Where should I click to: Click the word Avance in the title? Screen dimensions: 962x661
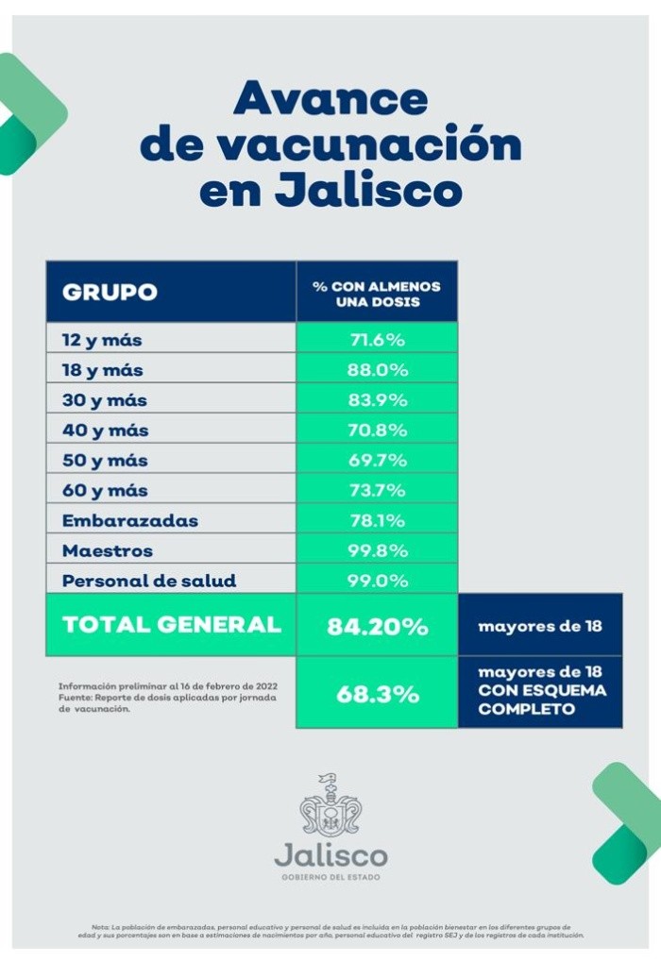point(330,98)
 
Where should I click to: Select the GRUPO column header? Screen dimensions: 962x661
point(110,292)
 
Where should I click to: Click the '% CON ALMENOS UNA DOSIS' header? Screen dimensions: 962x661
point(377,293)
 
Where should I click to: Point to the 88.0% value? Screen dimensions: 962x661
point(377,370)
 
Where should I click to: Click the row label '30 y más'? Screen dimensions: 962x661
point(105,400)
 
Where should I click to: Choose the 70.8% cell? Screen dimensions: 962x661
point(377,430)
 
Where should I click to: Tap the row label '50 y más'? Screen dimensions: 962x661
point(105,461)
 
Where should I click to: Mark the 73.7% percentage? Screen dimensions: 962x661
point(377,491)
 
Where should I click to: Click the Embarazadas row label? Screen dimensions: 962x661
point(130,521)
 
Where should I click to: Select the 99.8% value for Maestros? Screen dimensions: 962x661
point(377,551)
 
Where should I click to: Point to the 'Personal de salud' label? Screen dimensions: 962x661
point(149,582)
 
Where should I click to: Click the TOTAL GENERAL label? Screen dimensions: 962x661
point(171,625)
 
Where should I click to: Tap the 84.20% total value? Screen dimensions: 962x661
point(377,626)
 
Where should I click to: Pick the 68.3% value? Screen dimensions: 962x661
point(377,694)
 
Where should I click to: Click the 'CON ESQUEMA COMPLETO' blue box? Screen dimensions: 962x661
point(541,692)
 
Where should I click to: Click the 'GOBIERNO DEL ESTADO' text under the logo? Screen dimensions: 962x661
point(330,878)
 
